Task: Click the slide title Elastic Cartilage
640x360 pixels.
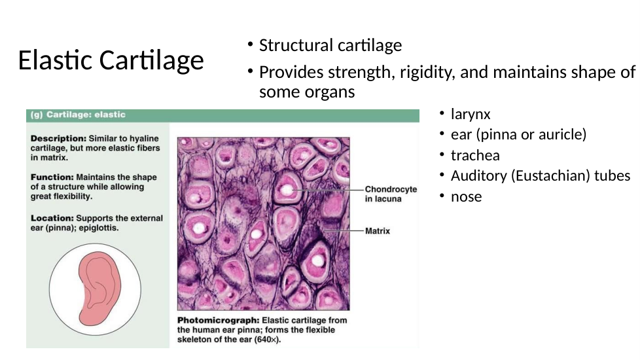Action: click(111, 60)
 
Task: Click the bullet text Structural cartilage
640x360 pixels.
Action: click(330, 45)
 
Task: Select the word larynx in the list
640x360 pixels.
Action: click(471, 115)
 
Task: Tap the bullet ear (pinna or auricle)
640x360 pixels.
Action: click(518, 134)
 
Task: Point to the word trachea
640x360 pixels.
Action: click(475, 155)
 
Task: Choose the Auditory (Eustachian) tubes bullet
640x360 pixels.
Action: click(541, 175)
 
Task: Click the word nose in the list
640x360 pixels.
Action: click(466, 197)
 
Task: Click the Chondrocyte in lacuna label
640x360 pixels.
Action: click(391, 194)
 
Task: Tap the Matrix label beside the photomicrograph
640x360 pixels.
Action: click(378, 231)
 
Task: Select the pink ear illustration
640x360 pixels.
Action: click(99, 288)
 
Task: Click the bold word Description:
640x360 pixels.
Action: click(58, 139)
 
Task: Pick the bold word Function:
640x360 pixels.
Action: click(52, 177)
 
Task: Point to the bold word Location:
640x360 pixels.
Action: click(52, 219)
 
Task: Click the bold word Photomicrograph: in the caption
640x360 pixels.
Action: click(218, 321)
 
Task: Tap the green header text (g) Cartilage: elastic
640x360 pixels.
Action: click(78, 115)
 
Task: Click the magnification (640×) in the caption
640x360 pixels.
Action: click(268, 340)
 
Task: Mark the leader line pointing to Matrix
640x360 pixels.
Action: click(343, 230)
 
